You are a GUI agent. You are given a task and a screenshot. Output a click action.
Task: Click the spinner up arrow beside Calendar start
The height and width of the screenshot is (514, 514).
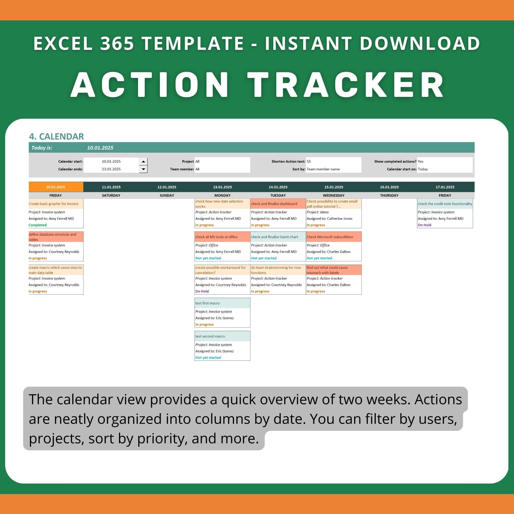(143, 161)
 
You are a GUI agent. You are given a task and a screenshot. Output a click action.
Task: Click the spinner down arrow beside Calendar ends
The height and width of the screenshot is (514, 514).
(143, 169)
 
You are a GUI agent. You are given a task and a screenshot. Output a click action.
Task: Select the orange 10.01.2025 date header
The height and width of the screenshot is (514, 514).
(56, 187)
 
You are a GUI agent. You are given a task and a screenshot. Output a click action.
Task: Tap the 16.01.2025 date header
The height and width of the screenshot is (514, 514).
(389, 187)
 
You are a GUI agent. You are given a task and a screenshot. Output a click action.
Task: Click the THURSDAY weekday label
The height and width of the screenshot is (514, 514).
(389, 195)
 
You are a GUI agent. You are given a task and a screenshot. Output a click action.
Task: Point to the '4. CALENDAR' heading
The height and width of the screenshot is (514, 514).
(56, 136)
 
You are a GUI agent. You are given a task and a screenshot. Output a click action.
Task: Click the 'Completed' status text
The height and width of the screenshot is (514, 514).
(38, 225)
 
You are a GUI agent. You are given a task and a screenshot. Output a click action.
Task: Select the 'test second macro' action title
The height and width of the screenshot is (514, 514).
(210, 336)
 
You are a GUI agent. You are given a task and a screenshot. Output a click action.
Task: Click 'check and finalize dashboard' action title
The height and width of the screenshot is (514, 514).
(274, 204)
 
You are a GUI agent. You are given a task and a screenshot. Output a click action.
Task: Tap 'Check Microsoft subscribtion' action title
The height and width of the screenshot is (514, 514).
(330, 237)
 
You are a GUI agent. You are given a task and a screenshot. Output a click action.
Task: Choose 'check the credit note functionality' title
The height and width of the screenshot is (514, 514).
(445, 204)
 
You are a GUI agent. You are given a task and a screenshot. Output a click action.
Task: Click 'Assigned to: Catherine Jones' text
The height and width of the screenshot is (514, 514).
(329, 218)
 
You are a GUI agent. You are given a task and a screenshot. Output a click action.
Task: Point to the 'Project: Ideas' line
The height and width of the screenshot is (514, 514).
(317, 212)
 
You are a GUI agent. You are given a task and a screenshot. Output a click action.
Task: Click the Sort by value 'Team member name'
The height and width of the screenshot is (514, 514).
(323, 169)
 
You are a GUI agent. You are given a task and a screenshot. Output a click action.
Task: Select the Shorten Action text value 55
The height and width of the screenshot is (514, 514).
(309, 161)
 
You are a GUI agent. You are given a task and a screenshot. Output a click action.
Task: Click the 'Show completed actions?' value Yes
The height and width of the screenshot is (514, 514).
(420, 161)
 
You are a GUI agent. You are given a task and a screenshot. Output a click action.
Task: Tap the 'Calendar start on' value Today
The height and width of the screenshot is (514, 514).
(423, 169)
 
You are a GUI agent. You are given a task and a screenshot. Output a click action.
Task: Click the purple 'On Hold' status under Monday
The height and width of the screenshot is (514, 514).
(202, 291)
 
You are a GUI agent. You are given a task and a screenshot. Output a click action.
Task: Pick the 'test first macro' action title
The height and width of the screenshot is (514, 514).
(207, 303)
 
